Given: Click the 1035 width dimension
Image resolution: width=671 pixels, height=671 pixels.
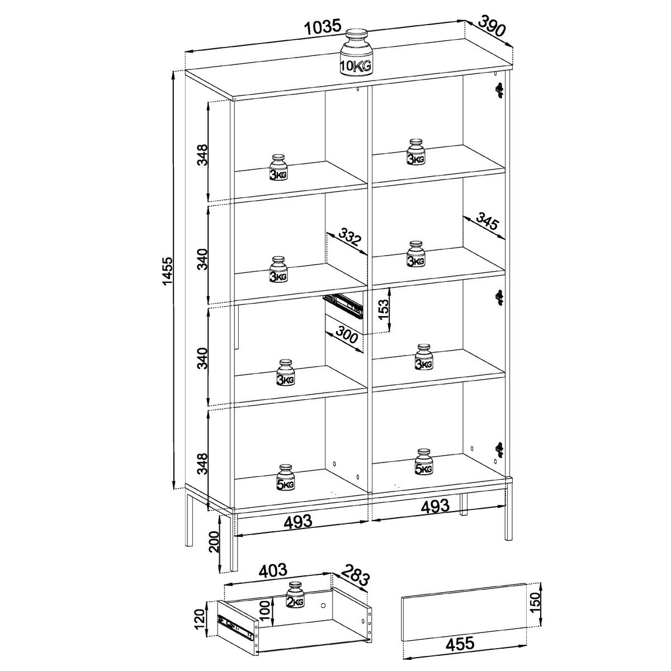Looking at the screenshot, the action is tap(323, 27).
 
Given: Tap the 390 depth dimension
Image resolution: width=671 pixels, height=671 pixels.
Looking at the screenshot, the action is tap(492, 26).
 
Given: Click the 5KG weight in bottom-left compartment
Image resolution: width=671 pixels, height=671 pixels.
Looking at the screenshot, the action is tap(286, 478).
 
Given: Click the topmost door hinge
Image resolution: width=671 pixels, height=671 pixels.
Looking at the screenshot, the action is tap(500, 89).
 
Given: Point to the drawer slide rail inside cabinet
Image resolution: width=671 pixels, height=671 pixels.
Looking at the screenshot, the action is tap(343, 305).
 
